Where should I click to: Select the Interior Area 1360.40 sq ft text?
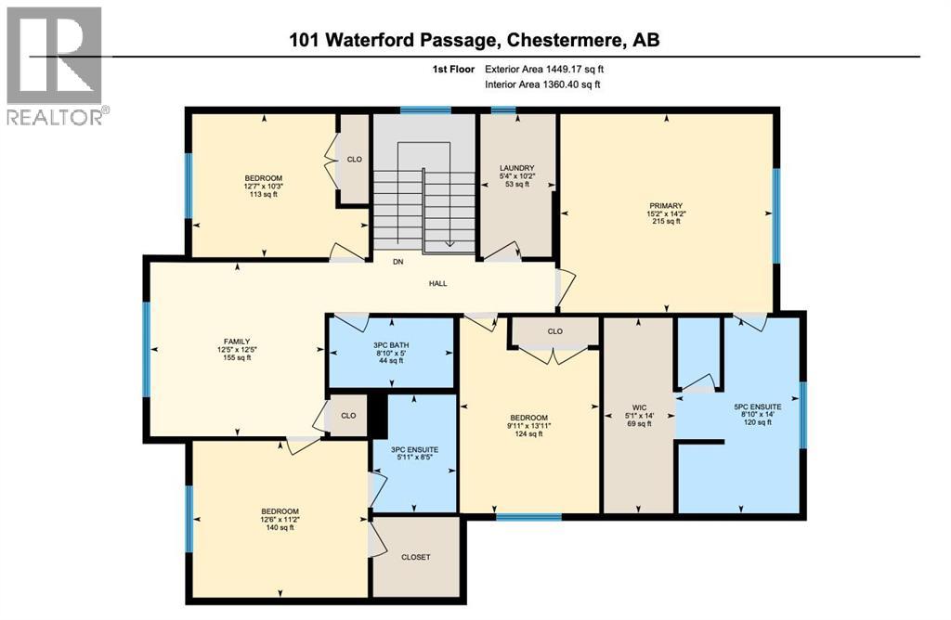pyautogui.click(x=542, y=84)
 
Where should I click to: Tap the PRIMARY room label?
pyautogui.click(x=666, y=205)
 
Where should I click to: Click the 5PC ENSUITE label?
pyautogui.click(x=757, y=406)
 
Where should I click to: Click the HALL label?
pyautogui.click(x=438, y=283)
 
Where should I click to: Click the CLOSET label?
pyautogui.click(x=415, y=557)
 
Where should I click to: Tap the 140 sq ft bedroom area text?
pyautogui.click(x=279, y=527)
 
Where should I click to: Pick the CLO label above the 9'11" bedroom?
pyautogui.click(x=554, y=331)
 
